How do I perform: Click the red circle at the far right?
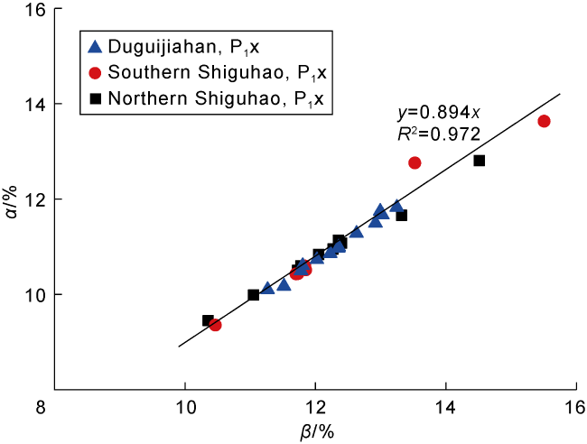pos(544,121)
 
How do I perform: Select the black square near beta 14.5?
pos(480,161)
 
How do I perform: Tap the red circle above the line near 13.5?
pos(415,162)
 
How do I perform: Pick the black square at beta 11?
pos(253,295)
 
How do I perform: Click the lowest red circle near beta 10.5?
pos(215,325)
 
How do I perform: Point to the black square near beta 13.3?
pos(402,215)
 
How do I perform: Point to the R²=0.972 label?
pos(438,134)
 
